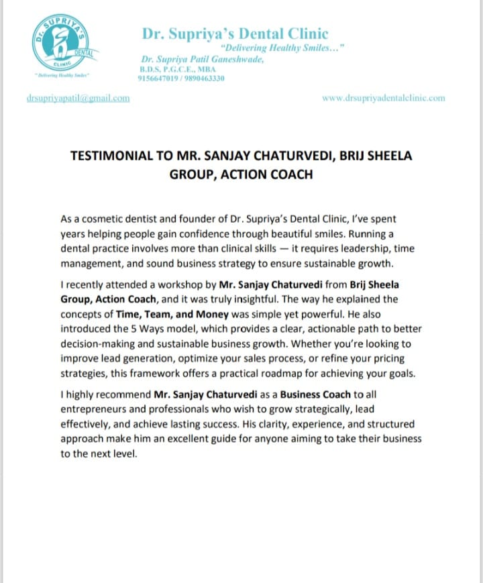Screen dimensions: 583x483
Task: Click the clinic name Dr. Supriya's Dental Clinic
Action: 235,33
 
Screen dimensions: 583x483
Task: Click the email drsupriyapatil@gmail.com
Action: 78,98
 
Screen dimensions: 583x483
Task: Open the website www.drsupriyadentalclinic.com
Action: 383,98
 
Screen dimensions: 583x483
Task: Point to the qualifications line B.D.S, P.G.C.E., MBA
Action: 170,69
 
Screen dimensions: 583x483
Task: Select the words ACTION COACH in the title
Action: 275,174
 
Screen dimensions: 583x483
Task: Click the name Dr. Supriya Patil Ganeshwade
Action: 199,59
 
